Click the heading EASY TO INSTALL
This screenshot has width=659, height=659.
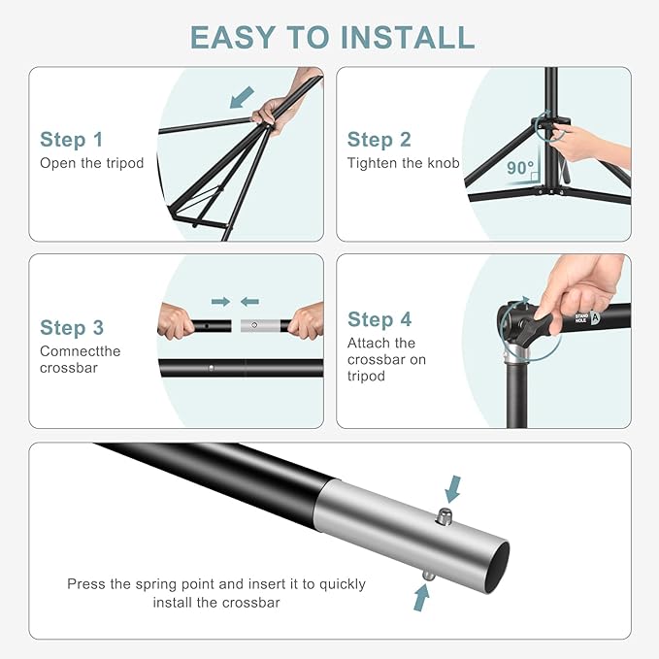332,36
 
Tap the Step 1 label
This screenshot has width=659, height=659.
71,140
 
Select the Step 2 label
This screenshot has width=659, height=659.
379,140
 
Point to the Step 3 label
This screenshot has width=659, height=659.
72,328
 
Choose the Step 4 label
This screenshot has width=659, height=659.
379,319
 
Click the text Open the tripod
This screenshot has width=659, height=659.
91,163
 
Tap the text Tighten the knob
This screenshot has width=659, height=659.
403,163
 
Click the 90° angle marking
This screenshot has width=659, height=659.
520,168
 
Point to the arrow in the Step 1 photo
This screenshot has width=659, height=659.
242,97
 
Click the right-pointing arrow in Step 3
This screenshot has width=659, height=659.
220,302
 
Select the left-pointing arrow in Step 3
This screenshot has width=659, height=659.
249,302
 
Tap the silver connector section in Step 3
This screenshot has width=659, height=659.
257,325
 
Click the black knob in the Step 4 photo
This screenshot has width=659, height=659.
529,324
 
